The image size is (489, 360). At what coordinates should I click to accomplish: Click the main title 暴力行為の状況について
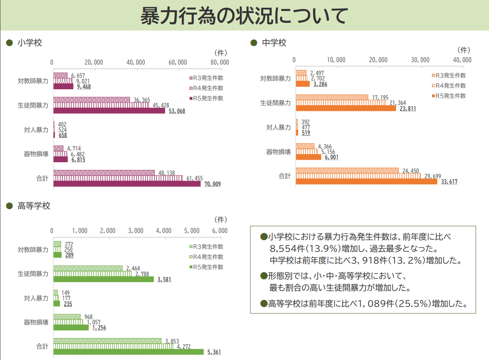coord(244,15)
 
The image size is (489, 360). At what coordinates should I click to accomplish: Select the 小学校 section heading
coord(30,43)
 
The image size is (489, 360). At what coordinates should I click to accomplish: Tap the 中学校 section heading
coord(274,43)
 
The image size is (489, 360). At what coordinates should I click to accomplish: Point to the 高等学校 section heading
coord(34,206)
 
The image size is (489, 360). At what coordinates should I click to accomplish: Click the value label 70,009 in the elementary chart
coord(212,184)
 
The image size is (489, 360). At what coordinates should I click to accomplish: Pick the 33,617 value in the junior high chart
coord(449,182)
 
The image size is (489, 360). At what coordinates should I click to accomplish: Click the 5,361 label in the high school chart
coord(214,352)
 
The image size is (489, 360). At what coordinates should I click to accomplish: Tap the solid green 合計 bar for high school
coord(128,352)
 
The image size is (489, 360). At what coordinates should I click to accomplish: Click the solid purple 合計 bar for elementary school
coord(127,184)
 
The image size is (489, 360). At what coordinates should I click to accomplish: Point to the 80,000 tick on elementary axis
coord(219,62)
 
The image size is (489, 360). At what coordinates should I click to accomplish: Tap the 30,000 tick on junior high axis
coord(420,60)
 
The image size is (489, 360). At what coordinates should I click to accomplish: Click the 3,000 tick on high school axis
coord(136,231)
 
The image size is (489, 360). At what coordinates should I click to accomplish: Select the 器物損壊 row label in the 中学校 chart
coord(279,152)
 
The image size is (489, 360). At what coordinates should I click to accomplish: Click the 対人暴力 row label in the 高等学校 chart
coord(36,298)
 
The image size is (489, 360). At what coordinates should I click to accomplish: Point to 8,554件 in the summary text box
coord(285,248)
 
